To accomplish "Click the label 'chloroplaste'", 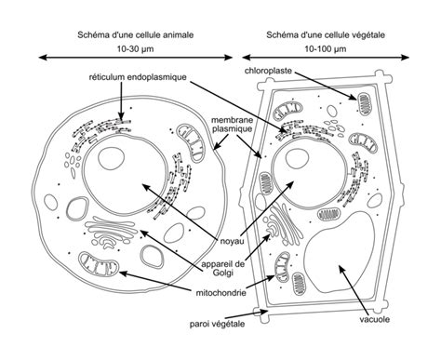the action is (268, 71).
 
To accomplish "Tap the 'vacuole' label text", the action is (375, 319).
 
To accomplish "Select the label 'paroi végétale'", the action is (218, 324).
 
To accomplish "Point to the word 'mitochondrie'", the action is (221, 293).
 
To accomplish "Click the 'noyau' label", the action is (233, 241).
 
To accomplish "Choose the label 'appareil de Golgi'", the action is (223, 268).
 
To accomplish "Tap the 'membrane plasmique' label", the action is (232, 125).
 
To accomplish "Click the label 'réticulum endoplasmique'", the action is (138, 77).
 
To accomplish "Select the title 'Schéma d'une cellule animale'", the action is (136, 34).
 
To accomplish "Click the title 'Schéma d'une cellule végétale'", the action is (326, 34).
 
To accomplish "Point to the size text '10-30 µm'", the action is (135, 49).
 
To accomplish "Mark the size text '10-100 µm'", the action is (326, 49).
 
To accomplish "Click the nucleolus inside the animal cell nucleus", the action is (111, 158).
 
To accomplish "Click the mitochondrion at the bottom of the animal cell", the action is (99, 264).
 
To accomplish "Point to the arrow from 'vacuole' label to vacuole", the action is (354, 290).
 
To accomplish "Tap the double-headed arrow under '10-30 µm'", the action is (136, 58).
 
